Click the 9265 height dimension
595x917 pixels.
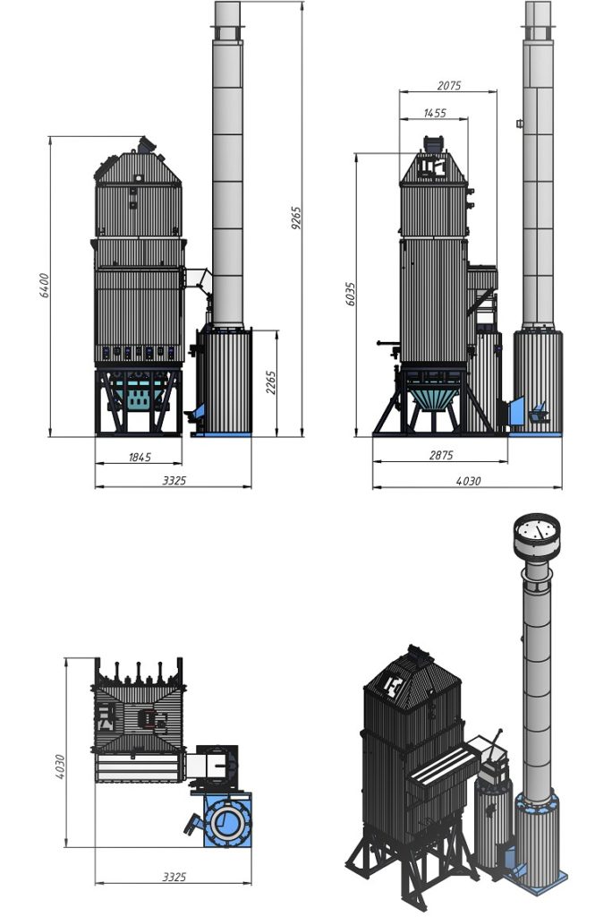pyautogui.click(x=296, y=218)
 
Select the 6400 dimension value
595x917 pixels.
pyautogui.click(x=45, y=286)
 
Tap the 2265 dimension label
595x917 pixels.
pyautogui.click(x=270, y=381)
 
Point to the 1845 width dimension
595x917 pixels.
pyautogui.click(x=140, y=458)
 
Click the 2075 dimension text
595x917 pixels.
pyautogui.click(x=449, y=85)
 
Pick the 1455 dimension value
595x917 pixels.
pyautogui.click(x=435, y=113)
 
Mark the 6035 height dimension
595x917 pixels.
pyautogui.click(x=350, y=294)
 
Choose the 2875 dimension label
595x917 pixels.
pyautogui.click(x=441, y=455)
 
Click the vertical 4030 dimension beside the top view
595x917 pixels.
pyautogui.click(x=60, y=767)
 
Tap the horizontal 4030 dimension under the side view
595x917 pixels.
pyautogui.click(x=468, y=481)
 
